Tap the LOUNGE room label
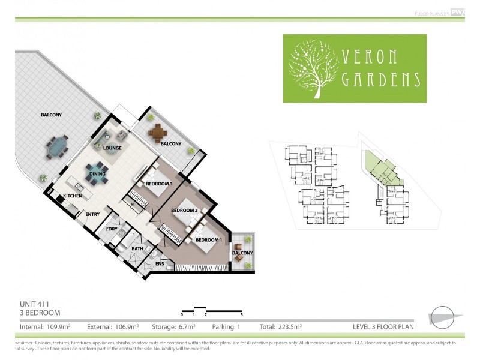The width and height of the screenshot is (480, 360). [112, 148]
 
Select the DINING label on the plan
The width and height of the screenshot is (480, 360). [97, 175]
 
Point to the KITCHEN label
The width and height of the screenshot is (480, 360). [73, 196]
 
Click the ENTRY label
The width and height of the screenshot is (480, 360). [92, 215]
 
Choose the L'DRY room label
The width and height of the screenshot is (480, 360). [111, 230]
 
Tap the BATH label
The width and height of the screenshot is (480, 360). [137, 248]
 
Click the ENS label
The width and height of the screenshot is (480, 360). [160, 263]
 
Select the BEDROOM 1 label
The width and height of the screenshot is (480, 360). [209, 241]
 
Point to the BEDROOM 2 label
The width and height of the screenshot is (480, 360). [184, 211]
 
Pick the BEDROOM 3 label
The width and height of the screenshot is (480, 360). [159, 184]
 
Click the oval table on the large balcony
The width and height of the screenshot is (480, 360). [58, 146]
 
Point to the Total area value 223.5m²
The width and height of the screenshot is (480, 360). [288, 327]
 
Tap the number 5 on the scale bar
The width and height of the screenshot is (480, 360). [241, 314]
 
